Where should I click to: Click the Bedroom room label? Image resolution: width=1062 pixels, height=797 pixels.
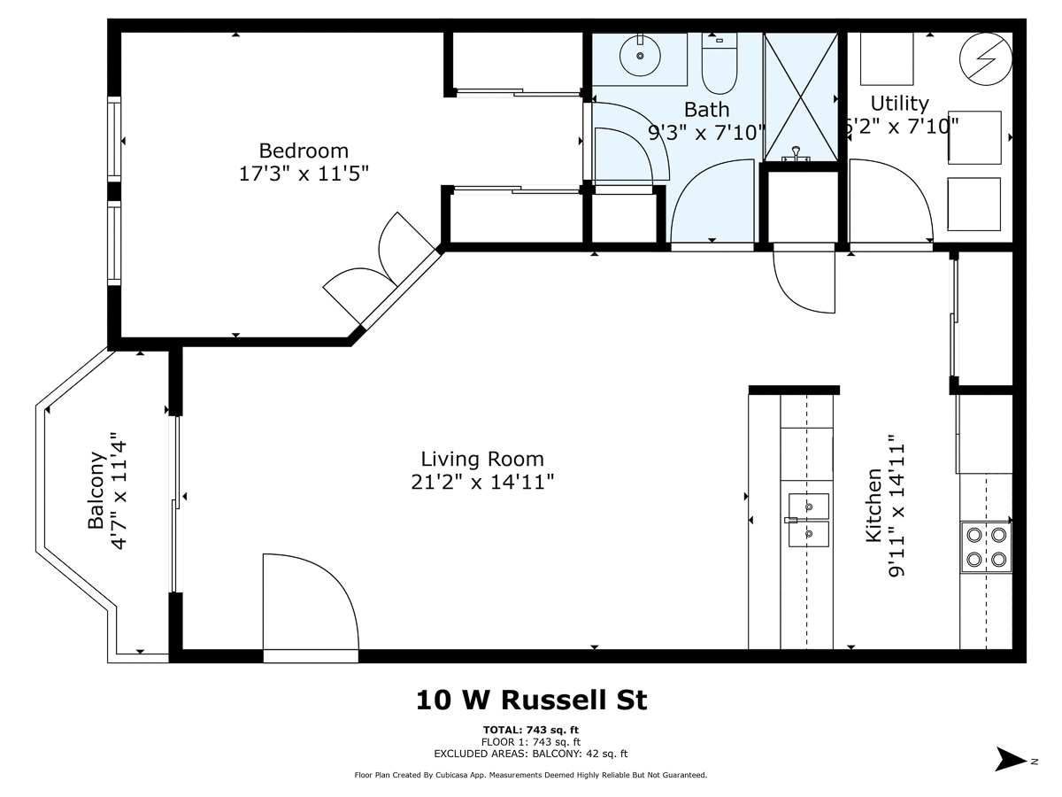tap(304, 151)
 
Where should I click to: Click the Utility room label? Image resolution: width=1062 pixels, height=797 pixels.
tap(899, 103)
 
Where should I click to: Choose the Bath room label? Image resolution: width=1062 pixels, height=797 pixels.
tap(707, 109)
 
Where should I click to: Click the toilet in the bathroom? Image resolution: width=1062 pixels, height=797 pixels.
tap(719, 64)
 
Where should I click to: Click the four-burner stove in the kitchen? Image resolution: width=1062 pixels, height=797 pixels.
tap(986, 546)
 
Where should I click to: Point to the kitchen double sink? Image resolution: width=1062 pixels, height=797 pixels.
tap(808, 521)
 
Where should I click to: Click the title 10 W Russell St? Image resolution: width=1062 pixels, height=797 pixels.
tap(531, 700)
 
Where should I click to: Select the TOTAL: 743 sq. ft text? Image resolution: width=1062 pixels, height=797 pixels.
tap(531, 730)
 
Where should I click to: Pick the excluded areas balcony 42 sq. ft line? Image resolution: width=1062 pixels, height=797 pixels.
tap(531, 754)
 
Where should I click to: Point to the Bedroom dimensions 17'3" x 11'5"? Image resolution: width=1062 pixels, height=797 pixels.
tap(304, 174)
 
